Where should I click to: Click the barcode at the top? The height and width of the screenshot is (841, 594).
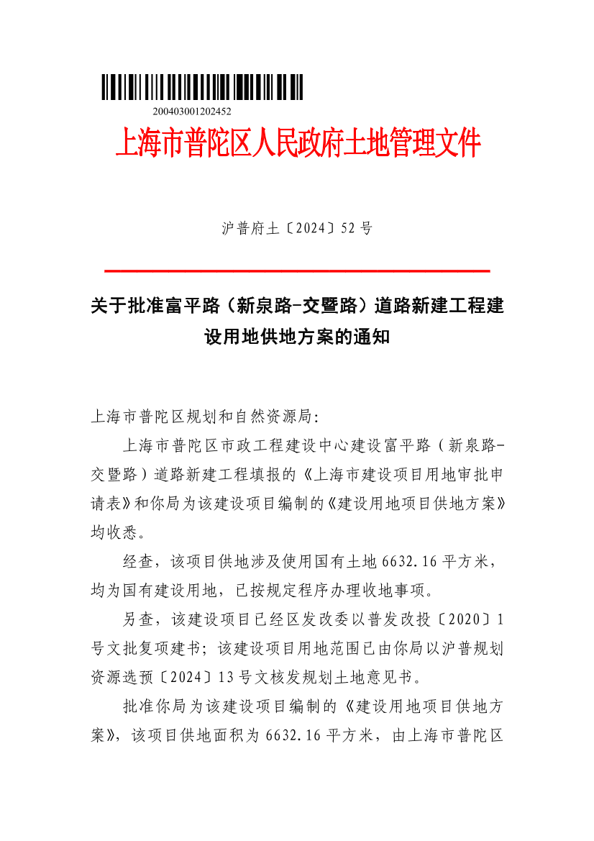202,88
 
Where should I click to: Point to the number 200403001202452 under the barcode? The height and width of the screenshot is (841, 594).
192,112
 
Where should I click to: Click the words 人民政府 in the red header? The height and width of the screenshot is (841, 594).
295,144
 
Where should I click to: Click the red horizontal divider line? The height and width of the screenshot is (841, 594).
297,271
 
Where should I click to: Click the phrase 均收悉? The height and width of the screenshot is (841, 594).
115,534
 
